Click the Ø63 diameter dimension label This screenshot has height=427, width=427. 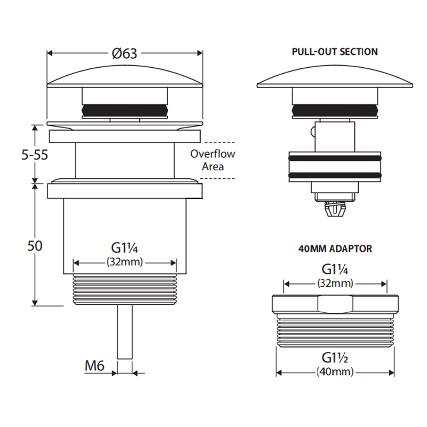coord(125,53)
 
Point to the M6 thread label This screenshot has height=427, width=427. coord(94,366)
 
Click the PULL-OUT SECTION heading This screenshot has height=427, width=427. coord(335,52)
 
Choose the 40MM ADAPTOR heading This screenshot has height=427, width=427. coord(335,248)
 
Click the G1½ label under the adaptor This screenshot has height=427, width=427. coord(335,357)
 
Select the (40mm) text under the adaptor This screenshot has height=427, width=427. coord(335,371)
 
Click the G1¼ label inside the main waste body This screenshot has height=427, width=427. coord(125,248)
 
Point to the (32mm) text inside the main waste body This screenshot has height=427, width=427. coord(125,263)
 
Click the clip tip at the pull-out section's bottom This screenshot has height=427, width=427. coord(335,212)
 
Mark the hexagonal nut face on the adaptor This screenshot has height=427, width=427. coord(335,305)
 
